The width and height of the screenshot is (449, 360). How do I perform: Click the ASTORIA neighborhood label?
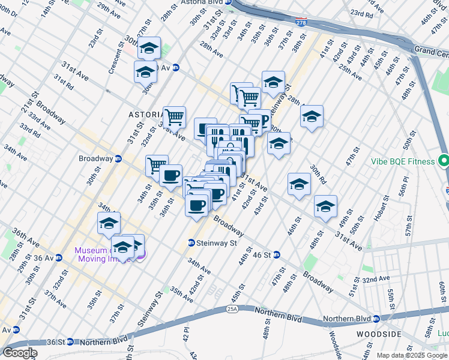tap(145, 114)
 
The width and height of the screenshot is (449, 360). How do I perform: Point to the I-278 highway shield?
tap(301, 22)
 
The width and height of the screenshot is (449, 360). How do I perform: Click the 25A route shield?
tap(234, 309)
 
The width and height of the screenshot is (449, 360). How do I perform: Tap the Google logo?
tap(19, 353)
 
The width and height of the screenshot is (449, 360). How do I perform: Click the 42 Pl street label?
tap(187, 334)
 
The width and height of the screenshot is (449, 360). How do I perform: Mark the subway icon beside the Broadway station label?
tap(119, 159)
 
